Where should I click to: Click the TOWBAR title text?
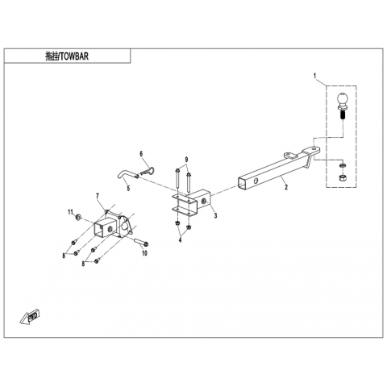67,56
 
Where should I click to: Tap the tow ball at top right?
341,106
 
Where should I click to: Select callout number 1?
314,76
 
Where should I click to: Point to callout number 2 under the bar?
286,187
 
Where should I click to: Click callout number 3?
215,215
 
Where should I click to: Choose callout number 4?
180,239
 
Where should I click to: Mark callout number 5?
128,188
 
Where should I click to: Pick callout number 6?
141,154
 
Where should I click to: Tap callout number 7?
98,195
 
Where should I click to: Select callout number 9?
186,160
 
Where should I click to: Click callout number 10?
144,253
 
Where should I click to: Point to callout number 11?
70,212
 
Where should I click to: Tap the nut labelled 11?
78,217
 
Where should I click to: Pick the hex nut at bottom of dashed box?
342,177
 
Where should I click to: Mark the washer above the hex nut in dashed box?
343,165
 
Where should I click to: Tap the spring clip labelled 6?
148,171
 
